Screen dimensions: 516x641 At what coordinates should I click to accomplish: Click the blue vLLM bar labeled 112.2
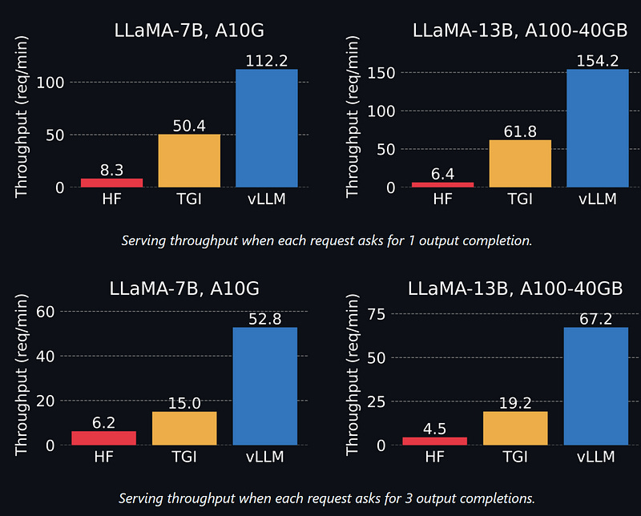[266, 128]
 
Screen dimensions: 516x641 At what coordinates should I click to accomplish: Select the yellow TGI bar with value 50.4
[189, 160]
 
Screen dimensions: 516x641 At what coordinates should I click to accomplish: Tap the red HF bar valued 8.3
[111, 183]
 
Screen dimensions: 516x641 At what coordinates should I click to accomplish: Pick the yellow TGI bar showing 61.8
[519, 163]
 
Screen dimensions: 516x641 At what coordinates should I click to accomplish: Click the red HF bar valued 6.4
[442, 184]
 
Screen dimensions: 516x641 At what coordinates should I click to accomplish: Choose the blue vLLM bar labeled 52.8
[264, 385]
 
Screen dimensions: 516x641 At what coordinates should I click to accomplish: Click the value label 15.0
[184, 403]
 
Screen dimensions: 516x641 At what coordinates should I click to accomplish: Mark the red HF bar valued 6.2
[104, 437]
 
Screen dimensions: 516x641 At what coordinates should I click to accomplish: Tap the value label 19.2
[515, 403]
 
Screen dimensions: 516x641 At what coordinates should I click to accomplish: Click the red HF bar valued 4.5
[435, 441]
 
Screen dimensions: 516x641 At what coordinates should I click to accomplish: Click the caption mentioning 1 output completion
[325, 240]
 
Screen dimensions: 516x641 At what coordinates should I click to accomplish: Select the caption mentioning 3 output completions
[325, 498]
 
